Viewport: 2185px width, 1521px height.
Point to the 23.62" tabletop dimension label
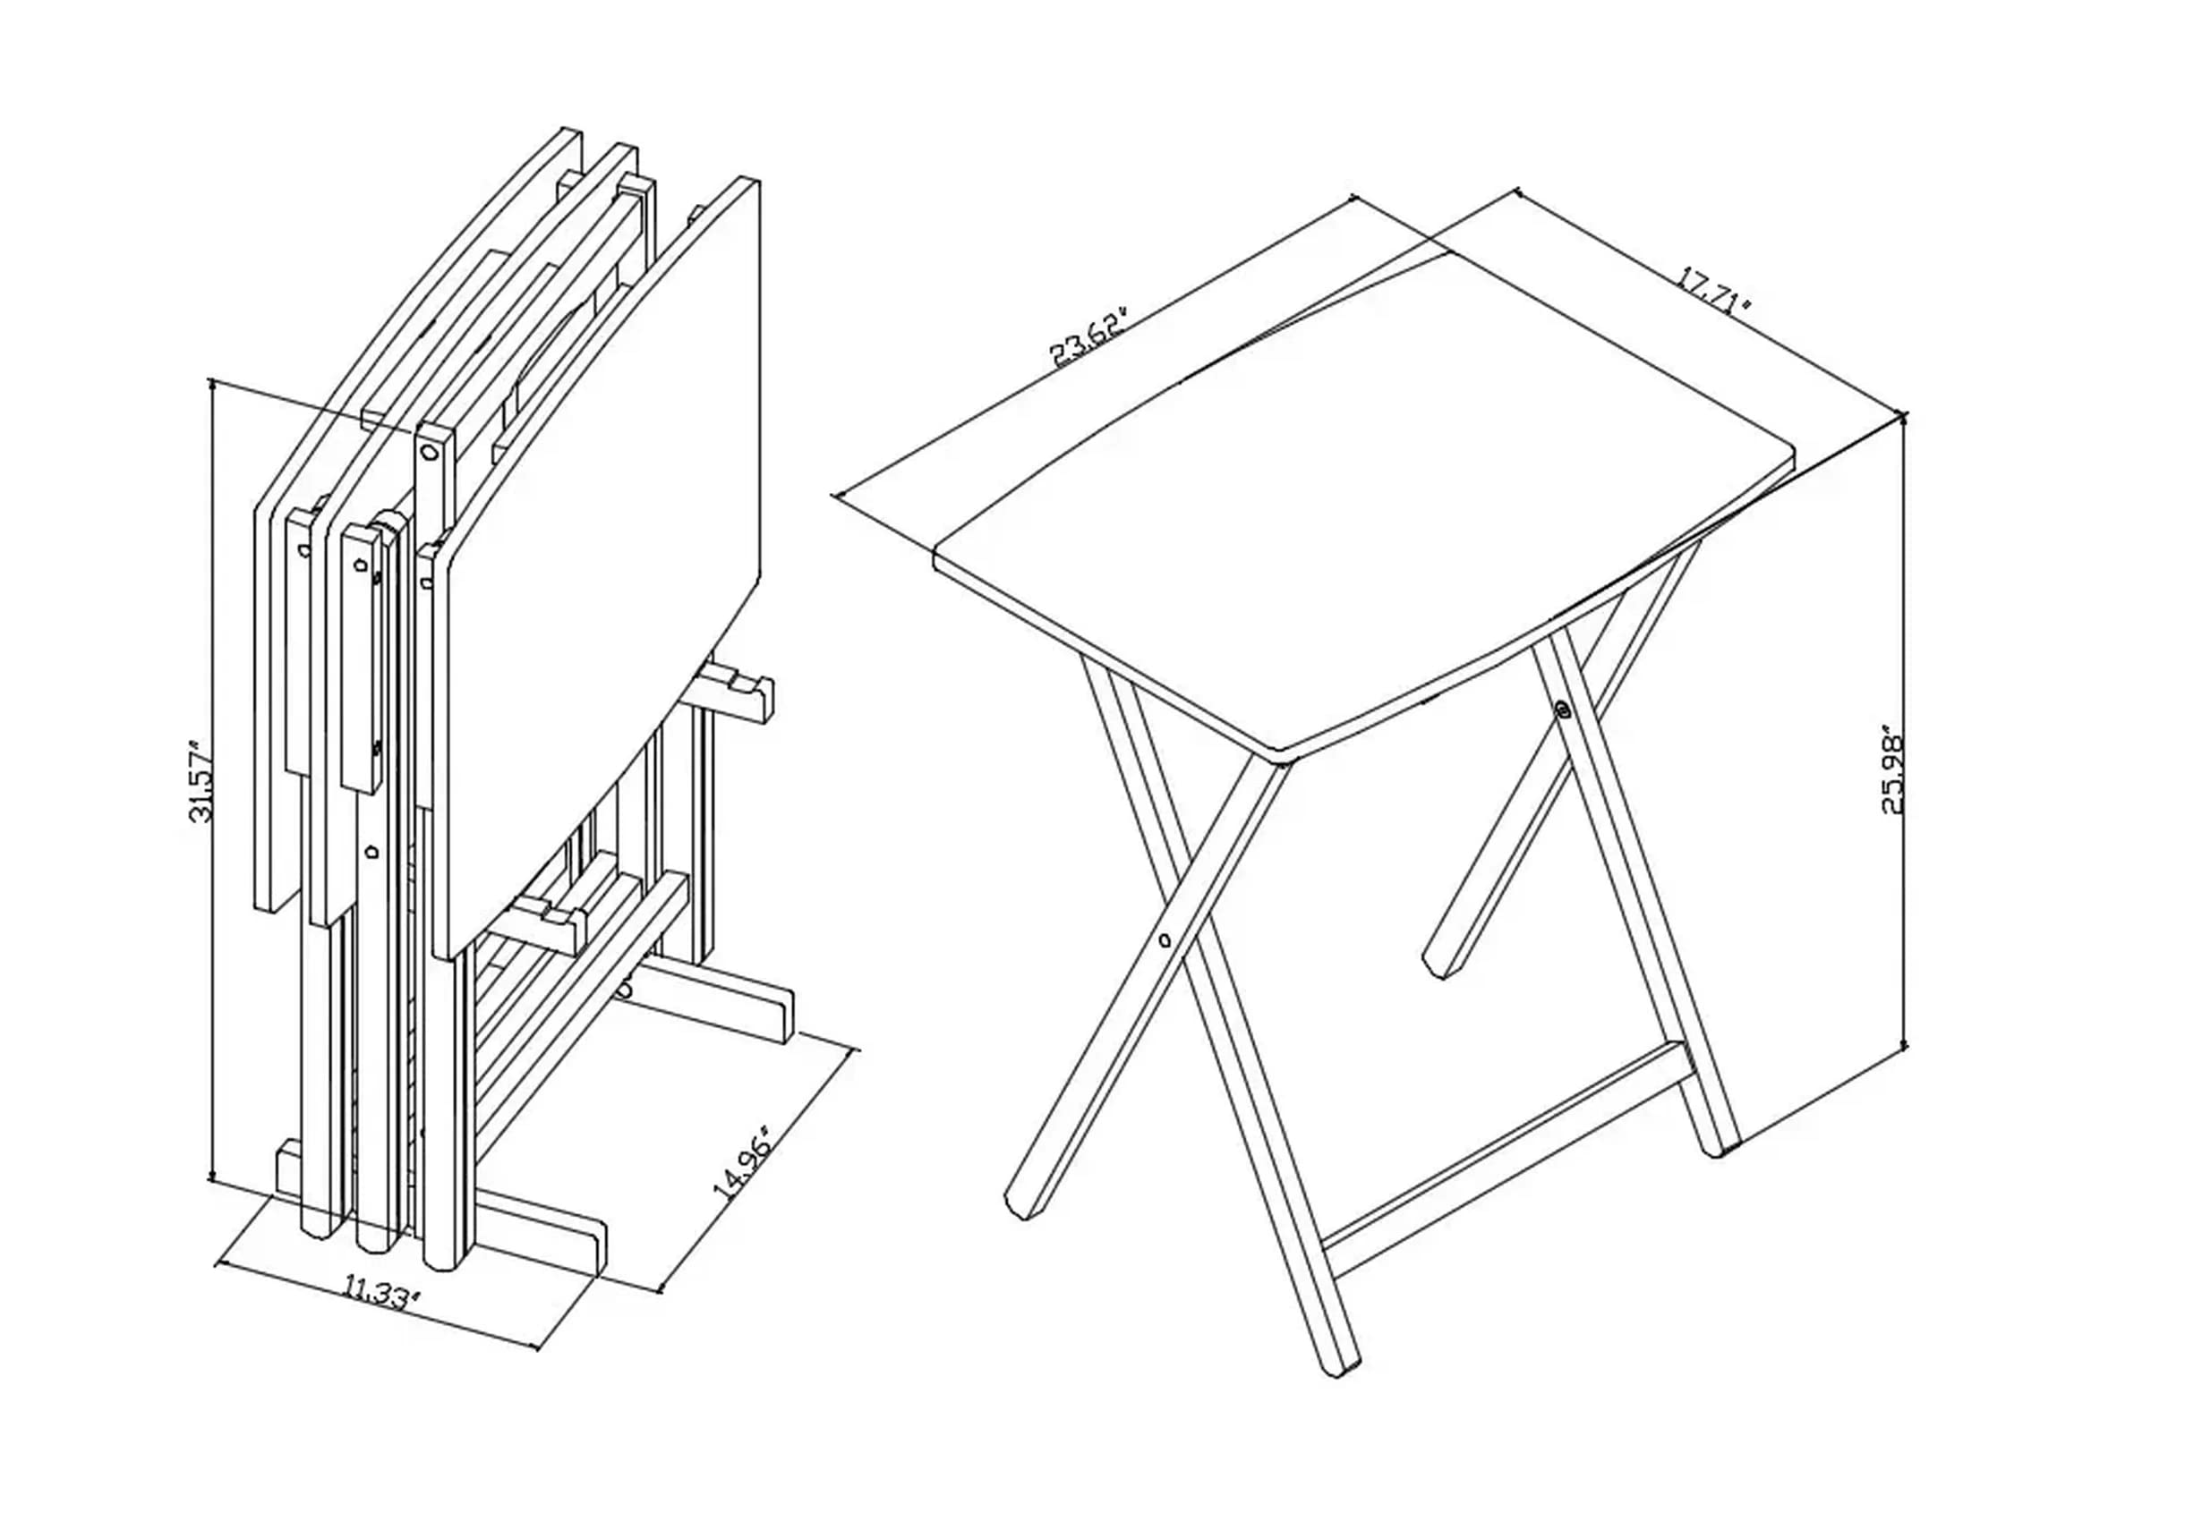coord(1090,336)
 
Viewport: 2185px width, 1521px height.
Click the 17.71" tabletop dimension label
coord(1713,292)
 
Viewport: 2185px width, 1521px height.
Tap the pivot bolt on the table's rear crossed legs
coord(1563,709)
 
